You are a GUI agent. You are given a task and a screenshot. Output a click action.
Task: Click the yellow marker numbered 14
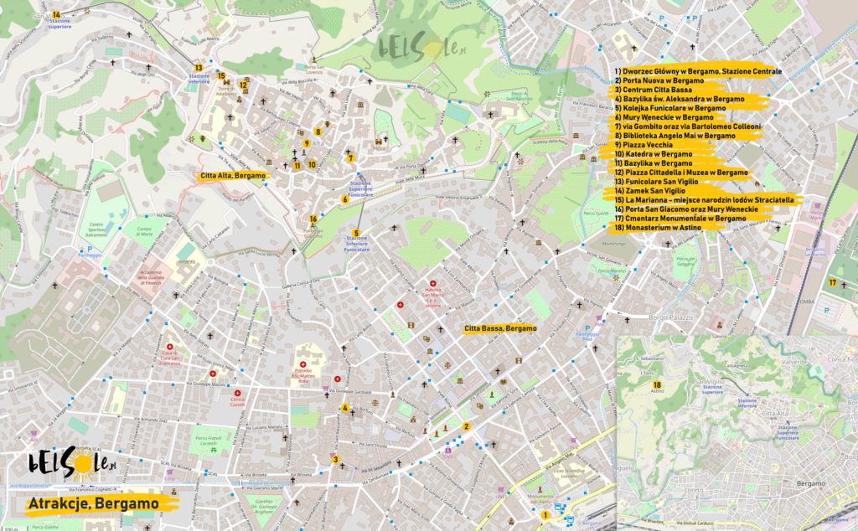[56, 15]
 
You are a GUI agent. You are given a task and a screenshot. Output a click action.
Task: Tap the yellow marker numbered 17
[832, 283]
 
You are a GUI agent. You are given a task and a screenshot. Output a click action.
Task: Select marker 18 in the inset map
[657, 384]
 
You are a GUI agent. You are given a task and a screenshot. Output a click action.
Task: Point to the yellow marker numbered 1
[545, 516]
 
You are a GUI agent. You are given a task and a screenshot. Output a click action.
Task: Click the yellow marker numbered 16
[313, 219]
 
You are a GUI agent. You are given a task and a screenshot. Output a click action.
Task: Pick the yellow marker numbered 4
[344, 409]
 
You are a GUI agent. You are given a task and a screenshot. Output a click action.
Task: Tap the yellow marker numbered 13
[199, 67]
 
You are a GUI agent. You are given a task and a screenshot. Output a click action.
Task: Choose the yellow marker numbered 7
[350, 157]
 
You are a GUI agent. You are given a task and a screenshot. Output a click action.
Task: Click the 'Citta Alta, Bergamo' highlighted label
[233, 177]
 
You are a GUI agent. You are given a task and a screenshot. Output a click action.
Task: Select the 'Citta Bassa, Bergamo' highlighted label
[499, 328]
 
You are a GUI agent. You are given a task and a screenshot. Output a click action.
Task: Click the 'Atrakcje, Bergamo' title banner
[92, 504]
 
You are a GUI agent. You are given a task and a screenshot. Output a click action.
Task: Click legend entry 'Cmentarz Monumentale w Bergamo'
[680, 219]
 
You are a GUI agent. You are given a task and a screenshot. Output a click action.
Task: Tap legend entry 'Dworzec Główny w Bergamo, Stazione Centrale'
[697, 71]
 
